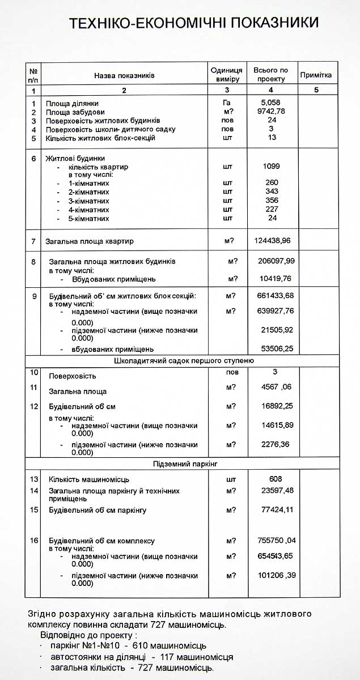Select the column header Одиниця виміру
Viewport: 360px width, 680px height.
pos(227,75)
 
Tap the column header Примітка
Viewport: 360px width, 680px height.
pos(316,75)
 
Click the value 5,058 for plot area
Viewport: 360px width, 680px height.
pos(270,103)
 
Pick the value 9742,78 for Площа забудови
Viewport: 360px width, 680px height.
pos(270,112)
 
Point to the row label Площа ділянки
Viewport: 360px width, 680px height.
pos(72,104)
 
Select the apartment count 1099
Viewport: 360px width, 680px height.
pos(272,167)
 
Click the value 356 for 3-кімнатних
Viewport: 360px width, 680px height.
pos(272,201)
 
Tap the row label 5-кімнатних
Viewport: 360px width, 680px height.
pos(89,219)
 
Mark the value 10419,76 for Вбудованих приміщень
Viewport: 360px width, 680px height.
pos(275,279)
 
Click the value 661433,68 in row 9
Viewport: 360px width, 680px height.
pos(275,296)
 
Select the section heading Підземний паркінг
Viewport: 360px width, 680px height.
pos(185,464)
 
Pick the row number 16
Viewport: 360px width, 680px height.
pos(34,541)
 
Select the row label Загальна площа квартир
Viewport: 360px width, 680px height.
pos(90,241)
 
